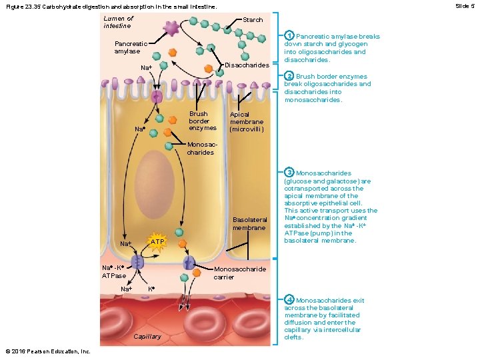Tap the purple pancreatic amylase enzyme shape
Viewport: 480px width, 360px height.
(171, 28)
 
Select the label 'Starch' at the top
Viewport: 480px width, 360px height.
(253, 20)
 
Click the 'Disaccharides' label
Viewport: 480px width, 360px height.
(247, 65)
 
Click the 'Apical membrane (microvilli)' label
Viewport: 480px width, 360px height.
(247, 122)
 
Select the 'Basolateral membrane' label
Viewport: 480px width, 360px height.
(249, 223)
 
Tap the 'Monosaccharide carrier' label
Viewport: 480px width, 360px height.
(239, 273)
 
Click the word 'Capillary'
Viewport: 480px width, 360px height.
(147, 337)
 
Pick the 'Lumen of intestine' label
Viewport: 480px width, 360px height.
(118, 22)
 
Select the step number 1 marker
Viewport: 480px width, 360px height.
(289, 36)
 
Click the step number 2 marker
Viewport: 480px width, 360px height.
(289, 77)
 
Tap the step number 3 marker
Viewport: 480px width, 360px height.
(289, 173)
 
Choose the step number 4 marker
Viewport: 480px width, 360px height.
(289, 300)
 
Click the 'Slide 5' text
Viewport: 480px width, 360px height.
(464, 5)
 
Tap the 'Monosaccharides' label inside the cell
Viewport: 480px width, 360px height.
(200, 148)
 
